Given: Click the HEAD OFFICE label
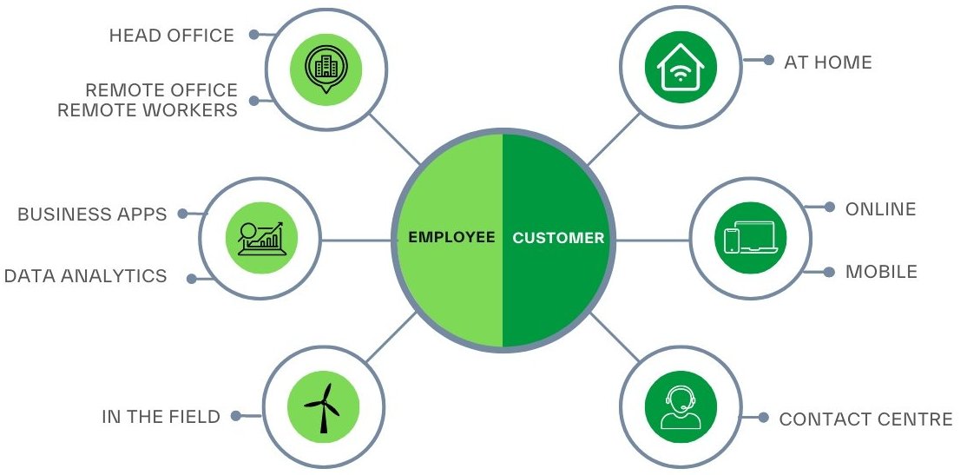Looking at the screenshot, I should (171, 36).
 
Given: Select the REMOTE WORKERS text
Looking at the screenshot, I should (148, 110).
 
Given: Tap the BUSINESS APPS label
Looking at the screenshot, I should (92, 214).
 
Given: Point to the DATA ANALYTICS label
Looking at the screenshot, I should (85, 276).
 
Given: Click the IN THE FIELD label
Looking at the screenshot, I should (161, 417).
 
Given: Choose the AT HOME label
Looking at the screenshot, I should (827, 62).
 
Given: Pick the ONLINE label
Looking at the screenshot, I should (880, 209).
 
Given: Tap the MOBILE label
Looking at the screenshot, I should (881, 272).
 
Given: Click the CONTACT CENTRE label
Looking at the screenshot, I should (865, 419).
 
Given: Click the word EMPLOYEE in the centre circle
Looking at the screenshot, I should (451, 237).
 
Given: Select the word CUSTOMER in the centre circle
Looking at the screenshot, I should (558, 237).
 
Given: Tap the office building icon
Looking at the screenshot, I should (326, 68).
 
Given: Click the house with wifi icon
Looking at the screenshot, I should (681, 68).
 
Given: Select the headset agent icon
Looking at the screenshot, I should (681, 406).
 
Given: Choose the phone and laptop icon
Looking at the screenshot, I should (750, 238).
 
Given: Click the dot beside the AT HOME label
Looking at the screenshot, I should (768, 61).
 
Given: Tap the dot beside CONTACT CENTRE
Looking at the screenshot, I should (763, 418).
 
